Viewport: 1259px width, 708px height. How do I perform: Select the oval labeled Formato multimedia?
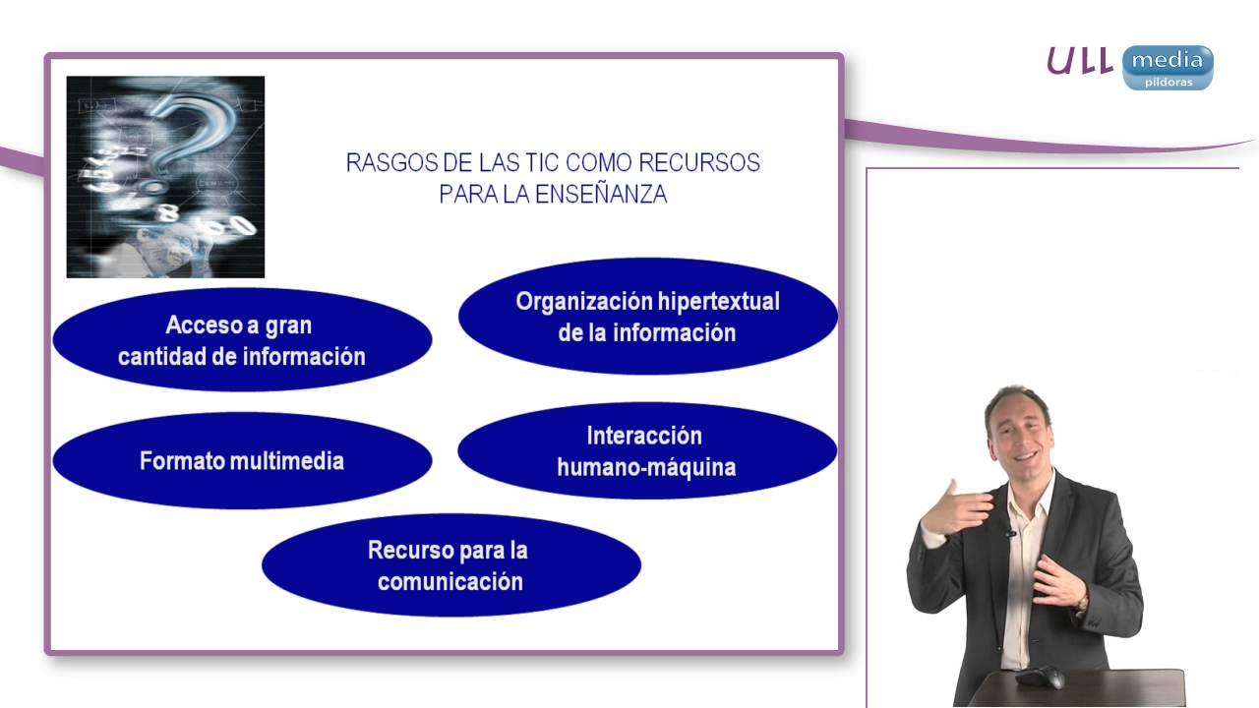coord(242,460)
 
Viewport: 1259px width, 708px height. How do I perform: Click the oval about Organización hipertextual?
coord(647,316)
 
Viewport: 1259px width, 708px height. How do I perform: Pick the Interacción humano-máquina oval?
coord(646,450)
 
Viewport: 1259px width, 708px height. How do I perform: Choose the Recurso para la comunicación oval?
coord(450,565)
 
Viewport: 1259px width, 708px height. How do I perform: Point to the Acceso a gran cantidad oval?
coord(242,340)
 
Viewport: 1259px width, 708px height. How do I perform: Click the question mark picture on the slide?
coord(165,177)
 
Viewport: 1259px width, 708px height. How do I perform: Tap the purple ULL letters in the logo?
coord(1079,61)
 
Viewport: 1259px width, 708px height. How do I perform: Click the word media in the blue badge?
coord(1167,61)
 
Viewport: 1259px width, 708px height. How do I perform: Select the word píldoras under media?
coord(1169,83)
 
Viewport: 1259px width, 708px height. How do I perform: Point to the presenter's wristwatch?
coord(1083,601)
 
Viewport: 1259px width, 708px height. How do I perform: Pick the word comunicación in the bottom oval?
coord(450,581)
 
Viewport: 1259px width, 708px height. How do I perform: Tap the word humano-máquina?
coord(646,467)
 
